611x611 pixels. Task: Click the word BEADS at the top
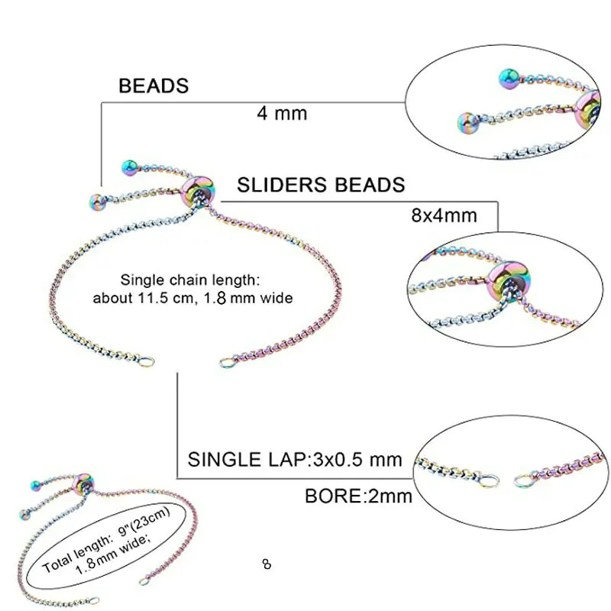point(154,86)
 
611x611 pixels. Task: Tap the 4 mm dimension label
point(282,114)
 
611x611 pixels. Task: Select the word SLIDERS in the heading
point(282,185)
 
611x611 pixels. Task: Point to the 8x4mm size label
point(444,215)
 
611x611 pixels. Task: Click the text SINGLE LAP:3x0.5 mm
point(295,461)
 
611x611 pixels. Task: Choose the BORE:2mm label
point(358,496)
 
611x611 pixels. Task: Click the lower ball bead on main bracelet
point(97,202)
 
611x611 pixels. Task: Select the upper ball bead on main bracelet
point(129,165)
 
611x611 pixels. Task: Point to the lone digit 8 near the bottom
point(266,565)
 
